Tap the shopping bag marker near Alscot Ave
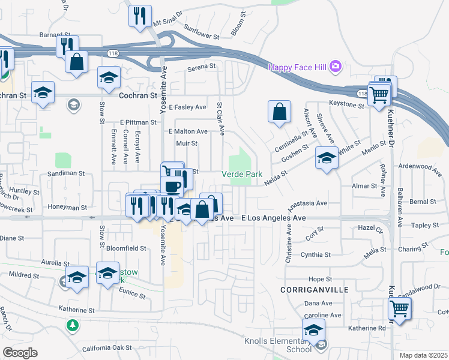(x=279, y=112)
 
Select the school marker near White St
(x=326, y=158)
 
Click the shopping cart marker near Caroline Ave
(x=399, y=310)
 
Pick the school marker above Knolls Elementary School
(x=313, y=331)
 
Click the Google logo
(x=20, y=352)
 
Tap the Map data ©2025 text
(x=424, y=355)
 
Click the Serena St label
(x=200, y=66)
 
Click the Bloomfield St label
(x=127, y=248)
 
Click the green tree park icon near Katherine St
(x=73, y=325)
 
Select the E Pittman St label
(x=137, y=122)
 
